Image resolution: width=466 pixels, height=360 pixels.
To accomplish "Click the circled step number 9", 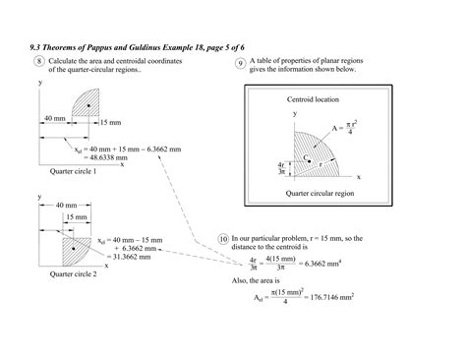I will point(240,65).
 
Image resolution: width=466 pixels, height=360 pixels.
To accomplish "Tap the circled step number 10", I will point(223,239).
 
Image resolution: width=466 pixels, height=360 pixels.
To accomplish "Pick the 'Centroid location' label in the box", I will point(314,101).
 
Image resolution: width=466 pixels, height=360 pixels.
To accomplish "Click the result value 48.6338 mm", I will point(109,157).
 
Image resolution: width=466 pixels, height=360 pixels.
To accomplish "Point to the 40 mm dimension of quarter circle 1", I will point(56,118).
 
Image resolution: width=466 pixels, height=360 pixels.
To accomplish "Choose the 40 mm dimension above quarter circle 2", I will point(66,205).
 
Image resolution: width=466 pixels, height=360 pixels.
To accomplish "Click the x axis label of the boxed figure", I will point(358,176).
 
